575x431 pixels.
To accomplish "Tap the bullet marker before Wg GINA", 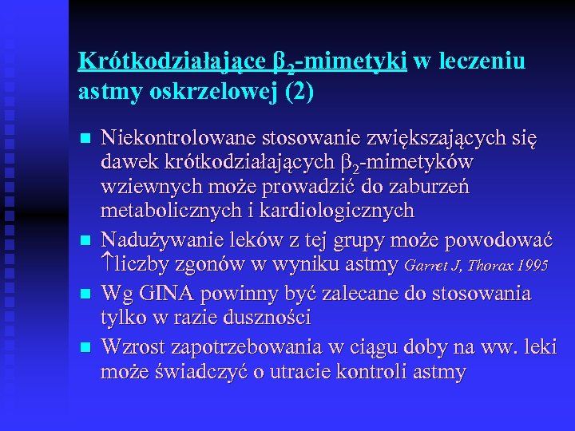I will click(x=85, y=294).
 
